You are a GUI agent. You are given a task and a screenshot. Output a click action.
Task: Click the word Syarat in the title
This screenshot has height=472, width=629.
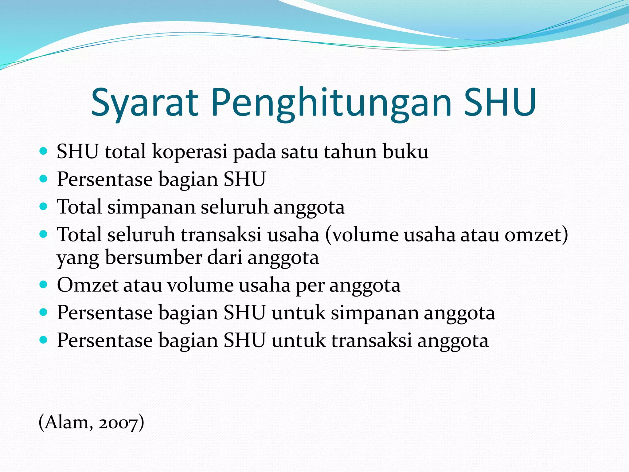pyautogui.click(x=144, y=103)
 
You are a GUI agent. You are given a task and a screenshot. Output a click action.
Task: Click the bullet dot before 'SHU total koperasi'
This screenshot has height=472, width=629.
pyautogui.click(x=44, y=151)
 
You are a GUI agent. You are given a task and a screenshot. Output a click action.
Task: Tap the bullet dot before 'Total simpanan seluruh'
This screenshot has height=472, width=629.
pyautogui.click(x=44, y=206)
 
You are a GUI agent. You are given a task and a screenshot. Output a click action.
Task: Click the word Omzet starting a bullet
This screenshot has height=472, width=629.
pyautogui.click(x=88, y=285)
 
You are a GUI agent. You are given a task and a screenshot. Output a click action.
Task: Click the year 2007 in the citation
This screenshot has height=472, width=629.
pyautogui.click(x=118, y=423)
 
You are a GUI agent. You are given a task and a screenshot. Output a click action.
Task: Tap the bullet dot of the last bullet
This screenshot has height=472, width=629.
pyautogui.click(x=44, y=340)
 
